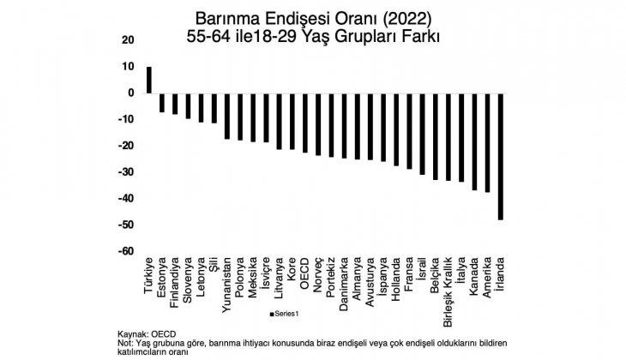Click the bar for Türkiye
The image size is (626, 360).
(x=149, y=80)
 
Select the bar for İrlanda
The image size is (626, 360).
(x=500, y=156)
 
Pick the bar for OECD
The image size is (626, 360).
(x=304, y=123)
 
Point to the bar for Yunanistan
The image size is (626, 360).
(x=227, y=116)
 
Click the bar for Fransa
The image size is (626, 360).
(x=409, y=131)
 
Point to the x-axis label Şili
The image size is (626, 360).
(x=214, y=264)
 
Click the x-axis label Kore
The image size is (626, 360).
(x=292, y=267)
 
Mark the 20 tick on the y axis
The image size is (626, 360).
(x=129, y=40)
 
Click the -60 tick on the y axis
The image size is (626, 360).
(x=125, y=251)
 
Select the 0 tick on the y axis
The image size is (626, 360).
(x=131, y=93)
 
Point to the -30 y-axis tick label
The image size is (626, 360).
(x=125, y=172)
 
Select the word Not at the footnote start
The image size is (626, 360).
(x=125, y=342)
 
